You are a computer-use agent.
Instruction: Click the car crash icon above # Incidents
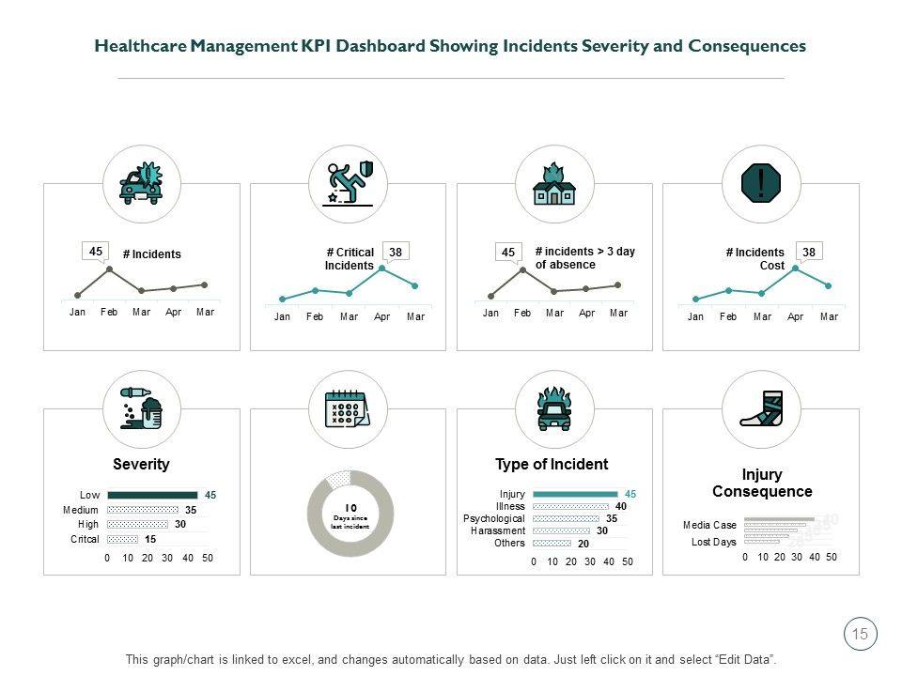click(x=141, y=183)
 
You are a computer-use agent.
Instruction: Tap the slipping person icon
click(x=348, y=183)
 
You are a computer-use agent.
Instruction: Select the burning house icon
click(x=554, y=183)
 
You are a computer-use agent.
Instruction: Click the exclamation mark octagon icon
click(x=761, y=183)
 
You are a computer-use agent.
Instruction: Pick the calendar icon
click(x=348, y=409)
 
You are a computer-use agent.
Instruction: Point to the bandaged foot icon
click(x=761, y=409)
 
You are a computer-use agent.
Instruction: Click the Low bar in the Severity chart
click(x=152, y=495)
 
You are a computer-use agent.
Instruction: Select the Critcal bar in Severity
click(x=123, y=540)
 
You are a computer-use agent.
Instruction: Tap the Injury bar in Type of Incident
click(x=575, y=494)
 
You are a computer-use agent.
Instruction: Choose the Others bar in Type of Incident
click(x=552, y=543)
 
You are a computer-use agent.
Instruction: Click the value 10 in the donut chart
click(x=350, y=508)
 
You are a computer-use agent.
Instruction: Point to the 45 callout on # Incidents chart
click(x=96, y=252)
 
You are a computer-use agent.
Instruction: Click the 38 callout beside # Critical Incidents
click(x=397, y=252)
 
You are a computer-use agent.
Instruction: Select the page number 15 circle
click(x=860, y=635)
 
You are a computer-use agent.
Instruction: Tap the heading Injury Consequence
click(x=762, y=484)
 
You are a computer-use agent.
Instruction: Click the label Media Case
click(x=709, y=526)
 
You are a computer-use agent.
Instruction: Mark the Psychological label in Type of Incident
click(x=494, y=518)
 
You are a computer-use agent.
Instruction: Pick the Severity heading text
click(x=141, y=464)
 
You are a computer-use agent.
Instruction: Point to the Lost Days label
click(x=714, y=542)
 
